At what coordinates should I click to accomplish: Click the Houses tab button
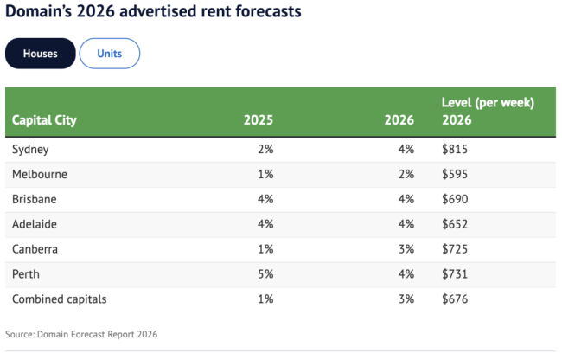41,54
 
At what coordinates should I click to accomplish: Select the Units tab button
110,54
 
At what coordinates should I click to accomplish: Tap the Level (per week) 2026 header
488,112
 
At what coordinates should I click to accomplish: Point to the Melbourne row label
39,174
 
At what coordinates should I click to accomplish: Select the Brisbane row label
35,199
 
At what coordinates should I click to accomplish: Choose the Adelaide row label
35,224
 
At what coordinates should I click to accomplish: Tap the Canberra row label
36,249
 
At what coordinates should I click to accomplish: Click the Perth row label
26,273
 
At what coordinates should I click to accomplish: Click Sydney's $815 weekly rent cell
455,149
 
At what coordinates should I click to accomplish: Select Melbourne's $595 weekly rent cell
455,174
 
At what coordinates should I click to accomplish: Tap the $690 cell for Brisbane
455,199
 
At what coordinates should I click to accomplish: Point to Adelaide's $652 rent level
455,224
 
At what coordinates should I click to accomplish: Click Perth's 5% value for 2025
265,273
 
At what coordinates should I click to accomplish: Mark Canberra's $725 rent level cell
455,249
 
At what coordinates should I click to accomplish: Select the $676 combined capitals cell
455,299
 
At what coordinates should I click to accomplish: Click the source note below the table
81,334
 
